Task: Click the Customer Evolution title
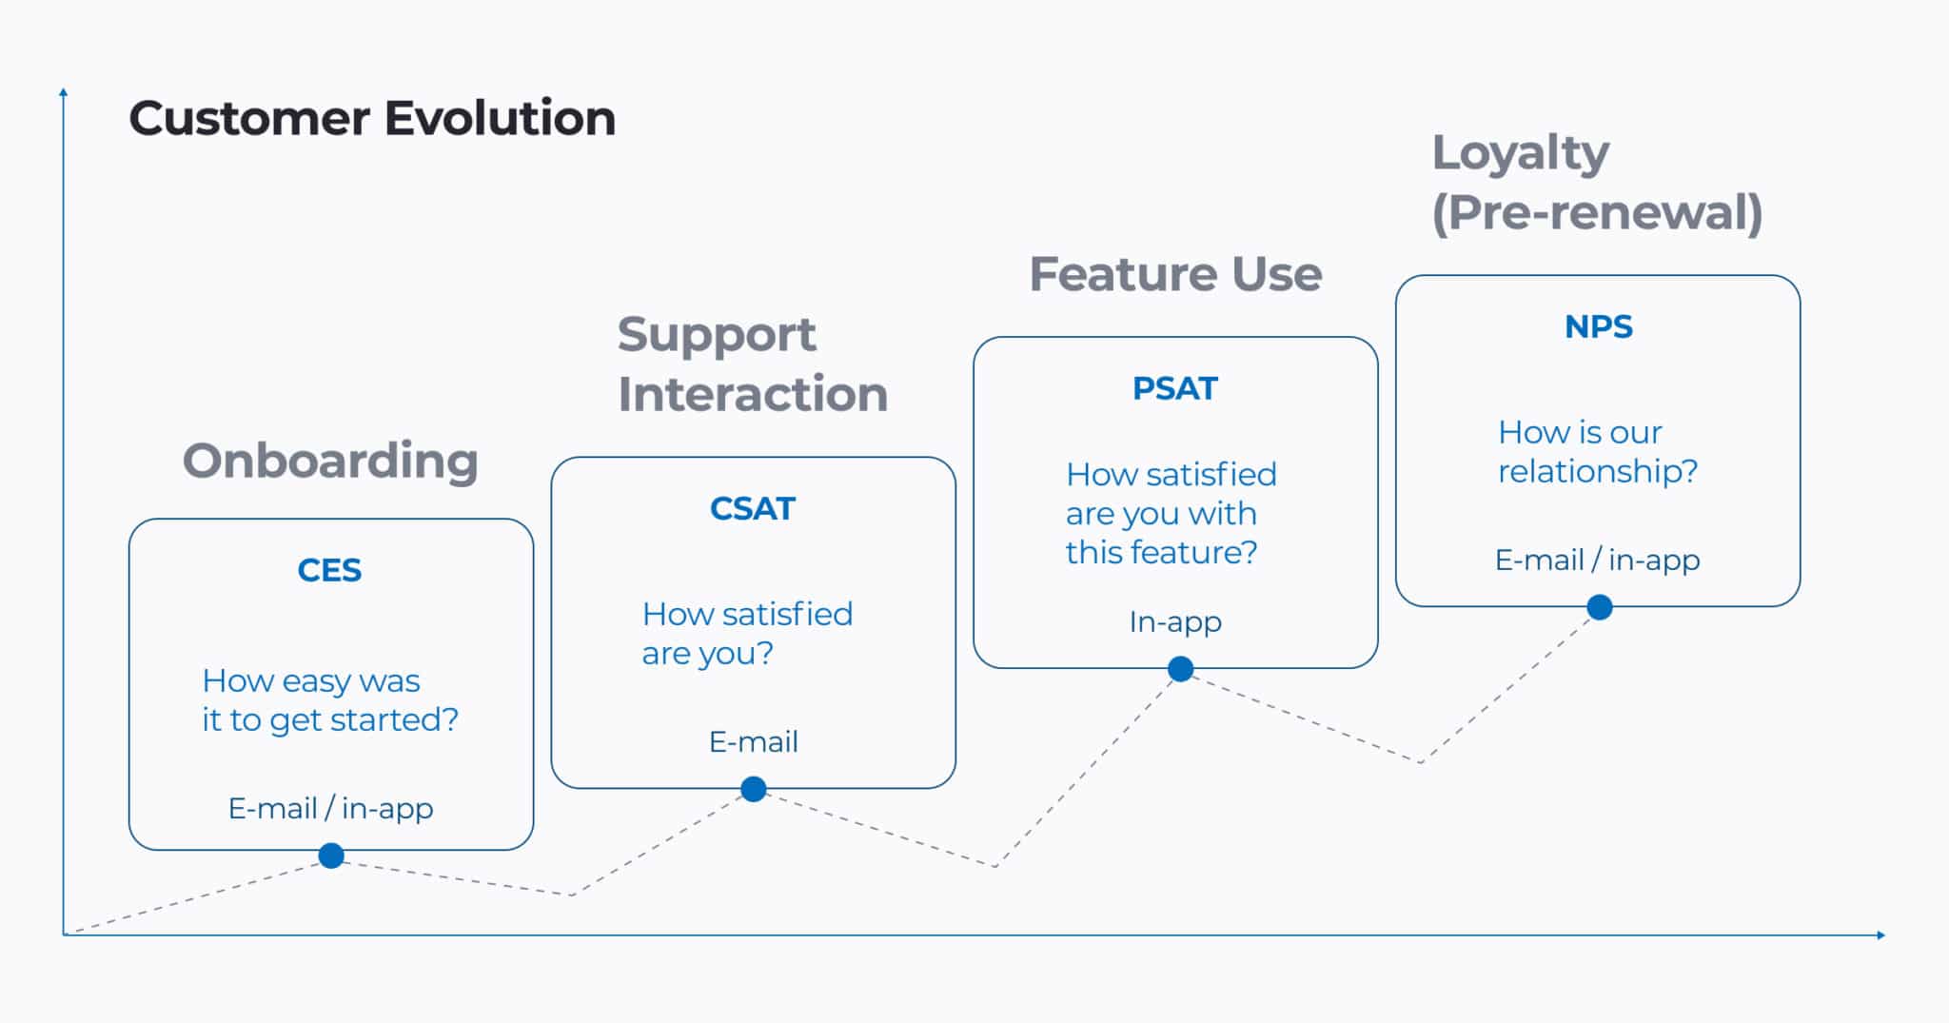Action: (x=372, y=119)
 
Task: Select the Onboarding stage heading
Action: (x=330, y=462)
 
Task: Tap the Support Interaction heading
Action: (x=753, y=364)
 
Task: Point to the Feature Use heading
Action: (x=1176, y=274)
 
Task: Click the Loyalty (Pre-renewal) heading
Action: (x=1598, y=184)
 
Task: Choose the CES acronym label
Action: (x=329, y=570)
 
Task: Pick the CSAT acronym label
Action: (x=753, y=508)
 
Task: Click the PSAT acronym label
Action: (x=1175, y=388)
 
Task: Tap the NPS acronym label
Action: (x=1599, y=326)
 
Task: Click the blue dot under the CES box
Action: (x=331, y=856)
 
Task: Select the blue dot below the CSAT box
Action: (x=754, y=789)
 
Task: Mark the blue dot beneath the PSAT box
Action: (x=1181, y=669)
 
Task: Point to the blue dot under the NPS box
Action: (x=1601, y=607)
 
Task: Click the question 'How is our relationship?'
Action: (x=1598, y=452)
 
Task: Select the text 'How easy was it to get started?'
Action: (x=330, y=700)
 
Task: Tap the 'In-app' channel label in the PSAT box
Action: (x=1175, y=622)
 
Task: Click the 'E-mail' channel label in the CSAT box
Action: (x=754, y=741)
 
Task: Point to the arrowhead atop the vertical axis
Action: (x=64, y=91)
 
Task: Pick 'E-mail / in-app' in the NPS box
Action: (x=1598, y=561)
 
